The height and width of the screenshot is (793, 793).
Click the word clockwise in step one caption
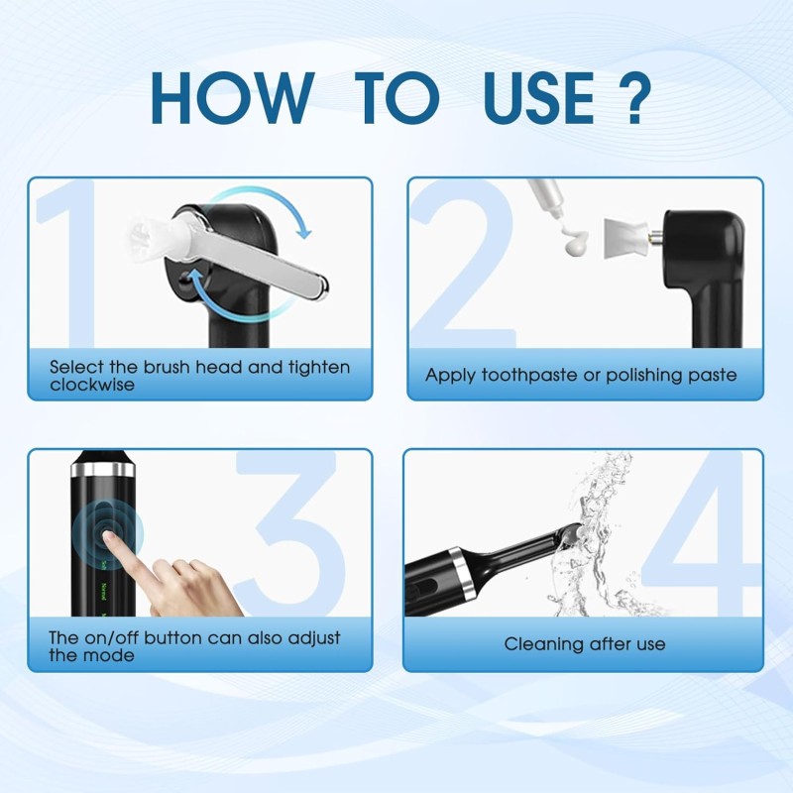(x=92, y=385)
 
